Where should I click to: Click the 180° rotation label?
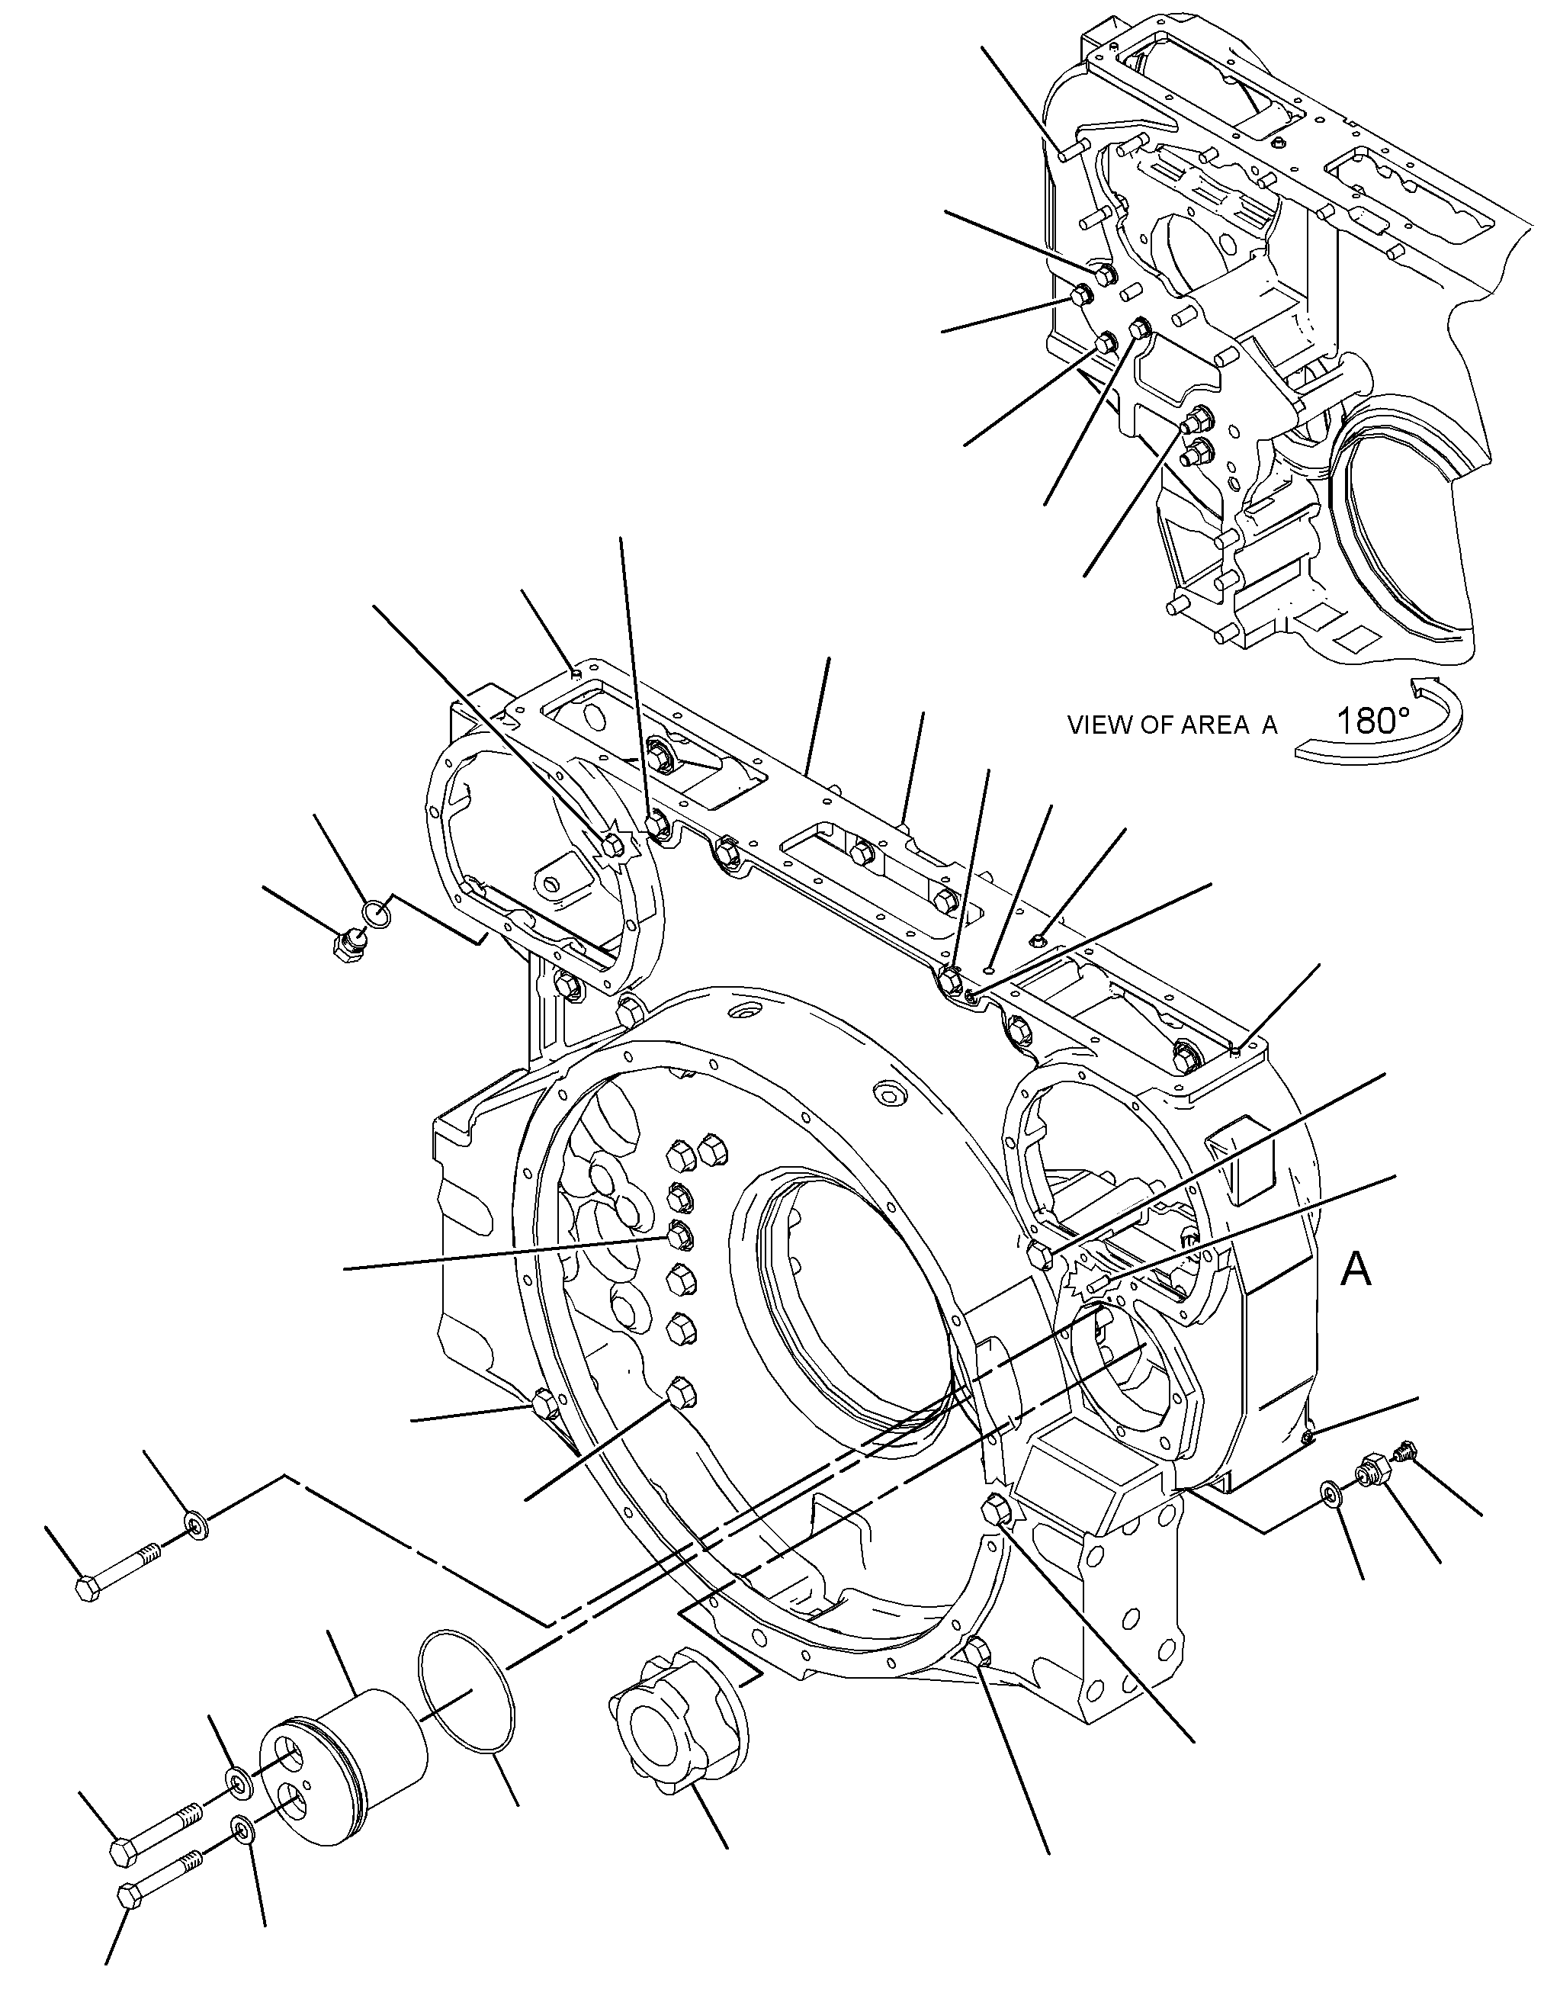[x=1371, y=720]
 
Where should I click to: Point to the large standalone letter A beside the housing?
[x=1356, y=1270]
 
